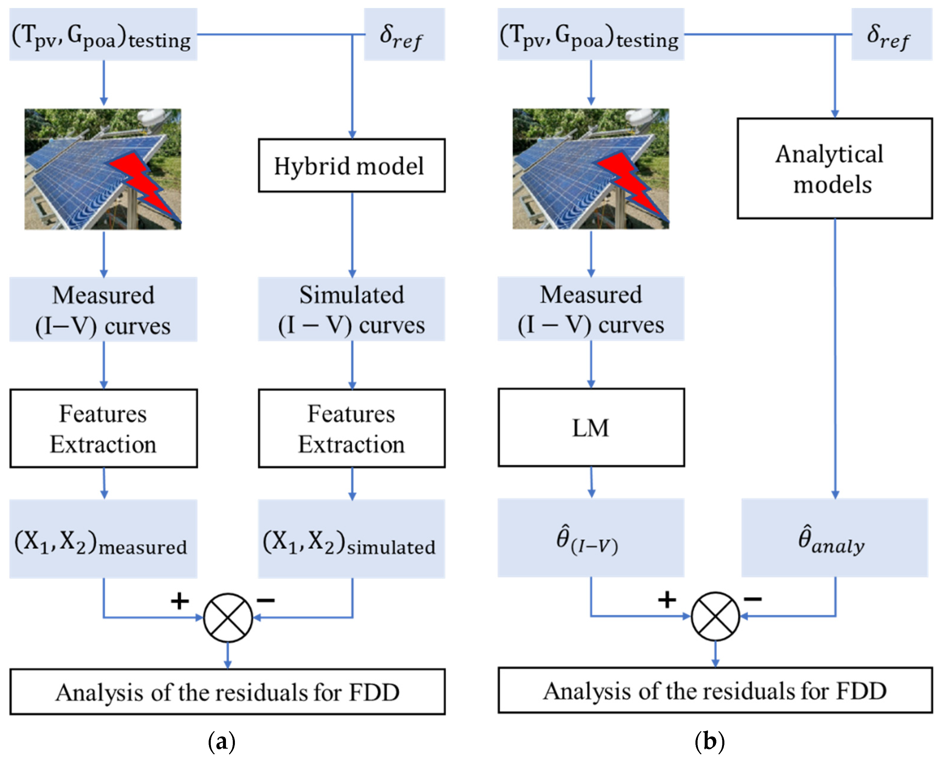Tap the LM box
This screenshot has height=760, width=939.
click(x=591, y=427)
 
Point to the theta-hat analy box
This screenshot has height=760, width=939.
click(x=834, y=538)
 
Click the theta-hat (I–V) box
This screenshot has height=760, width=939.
click(x=591, y=538)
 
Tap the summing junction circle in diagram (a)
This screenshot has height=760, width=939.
click(x=228, y=618)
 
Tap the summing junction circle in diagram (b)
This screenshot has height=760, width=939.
click(x=715, y=616)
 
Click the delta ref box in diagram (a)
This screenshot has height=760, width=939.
click(x=404, y=34)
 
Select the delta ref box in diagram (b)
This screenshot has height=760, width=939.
click(x=892, y=34)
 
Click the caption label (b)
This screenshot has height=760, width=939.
click(x=709, y=742)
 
